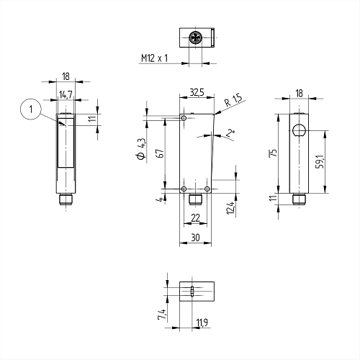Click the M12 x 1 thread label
(154, 58)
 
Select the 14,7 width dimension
(66, 94)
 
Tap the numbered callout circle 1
(31, 110)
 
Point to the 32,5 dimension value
(197, 92)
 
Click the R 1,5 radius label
(234, 100)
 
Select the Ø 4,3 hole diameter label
(141, 148)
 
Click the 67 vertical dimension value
(161, 153)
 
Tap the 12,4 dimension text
(230, 208)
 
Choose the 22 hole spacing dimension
(195, 218)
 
